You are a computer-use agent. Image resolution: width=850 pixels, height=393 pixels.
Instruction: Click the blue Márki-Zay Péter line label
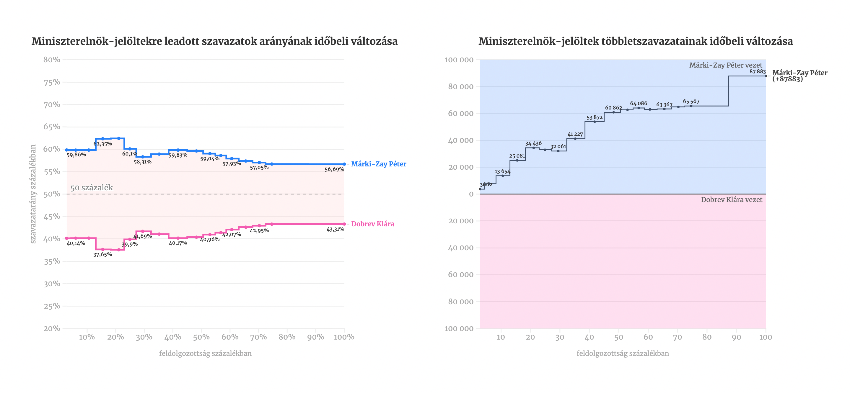click(378, 164)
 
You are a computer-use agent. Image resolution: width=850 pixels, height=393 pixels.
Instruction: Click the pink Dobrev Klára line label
click(372, 224)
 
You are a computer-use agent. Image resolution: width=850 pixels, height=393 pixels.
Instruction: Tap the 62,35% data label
click(102, 144)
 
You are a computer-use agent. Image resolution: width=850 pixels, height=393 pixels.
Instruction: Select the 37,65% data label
click(102, 255)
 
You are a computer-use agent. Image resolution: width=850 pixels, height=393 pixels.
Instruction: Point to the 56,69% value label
click(334, 169)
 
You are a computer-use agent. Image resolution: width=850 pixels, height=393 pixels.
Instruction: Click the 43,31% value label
click(335, 229)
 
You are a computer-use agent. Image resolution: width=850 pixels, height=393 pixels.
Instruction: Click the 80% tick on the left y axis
click(52, 60)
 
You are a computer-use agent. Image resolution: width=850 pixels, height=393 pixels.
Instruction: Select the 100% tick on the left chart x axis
click(344, 337)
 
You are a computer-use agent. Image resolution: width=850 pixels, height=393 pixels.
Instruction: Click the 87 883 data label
click(757, 71)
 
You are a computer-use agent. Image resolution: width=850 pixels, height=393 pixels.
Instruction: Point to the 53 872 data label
click(594, 117)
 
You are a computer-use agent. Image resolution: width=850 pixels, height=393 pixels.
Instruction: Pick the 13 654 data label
click(502, 171)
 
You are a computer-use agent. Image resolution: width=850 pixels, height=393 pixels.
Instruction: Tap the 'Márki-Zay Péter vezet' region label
click(726, 65)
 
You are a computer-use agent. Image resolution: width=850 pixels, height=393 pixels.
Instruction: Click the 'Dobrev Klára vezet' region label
click(732, 199)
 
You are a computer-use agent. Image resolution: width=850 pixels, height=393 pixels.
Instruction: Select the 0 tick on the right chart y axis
click(471, 194)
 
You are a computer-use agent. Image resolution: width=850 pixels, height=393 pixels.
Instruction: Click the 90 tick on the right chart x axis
click(736, 337)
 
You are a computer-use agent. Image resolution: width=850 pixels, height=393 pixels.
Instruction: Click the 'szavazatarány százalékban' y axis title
click(33, 194)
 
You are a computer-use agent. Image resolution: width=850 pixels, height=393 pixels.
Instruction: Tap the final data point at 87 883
click(766, 76)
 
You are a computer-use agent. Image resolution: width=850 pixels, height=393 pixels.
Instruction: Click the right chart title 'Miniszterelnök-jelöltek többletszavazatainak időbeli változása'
click(635, 41)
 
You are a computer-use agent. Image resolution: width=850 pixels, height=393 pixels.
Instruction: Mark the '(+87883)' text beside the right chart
click(787, 79)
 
